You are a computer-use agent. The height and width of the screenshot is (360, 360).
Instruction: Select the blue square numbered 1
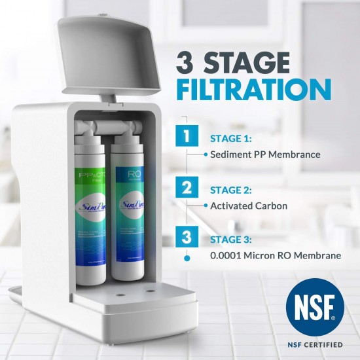point(188,137)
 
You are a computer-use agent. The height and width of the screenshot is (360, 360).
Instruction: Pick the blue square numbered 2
point(188,189)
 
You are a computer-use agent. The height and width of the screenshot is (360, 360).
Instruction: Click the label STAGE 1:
point(230,139)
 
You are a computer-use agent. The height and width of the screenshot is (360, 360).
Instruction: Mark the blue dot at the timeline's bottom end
point(188,258)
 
